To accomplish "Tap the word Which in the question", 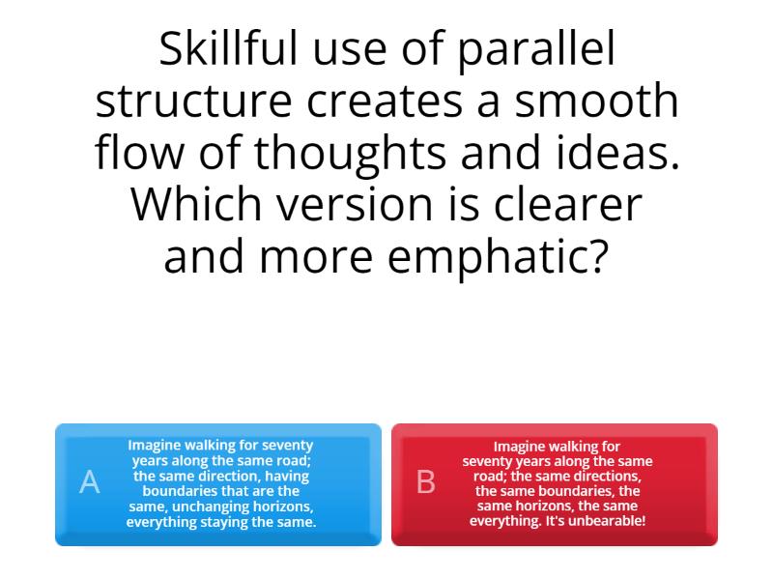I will [189, 204].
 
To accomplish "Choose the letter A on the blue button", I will [89, 482].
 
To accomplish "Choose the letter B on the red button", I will [425, 482].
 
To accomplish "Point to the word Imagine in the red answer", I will [524, 447].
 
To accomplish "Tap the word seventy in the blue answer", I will [288, 446].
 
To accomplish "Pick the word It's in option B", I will [558, 521].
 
